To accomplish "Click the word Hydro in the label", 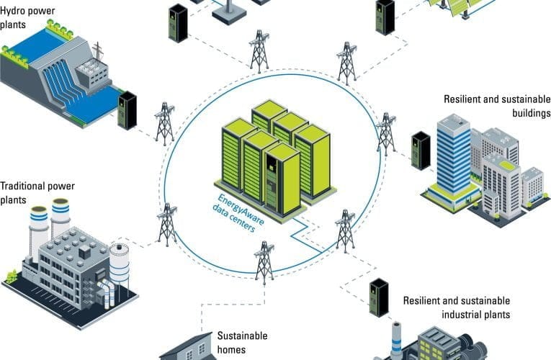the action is pos(12,11).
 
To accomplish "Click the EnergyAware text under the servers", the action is pos(241,210).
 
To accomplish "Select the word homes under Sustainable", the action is pos(231,350).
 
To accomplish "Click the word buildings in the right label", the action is pos(532,113).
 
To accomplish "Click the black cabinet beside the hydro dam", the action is pos(127,111).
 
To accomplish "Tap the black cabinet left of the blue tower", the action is pos(421,150).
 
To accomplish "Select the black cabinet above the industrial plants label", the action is pos(379,298).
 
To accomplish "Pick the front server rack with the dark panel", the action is pos(282,180).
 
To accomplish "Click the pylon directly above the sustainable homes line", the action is pos(264,262).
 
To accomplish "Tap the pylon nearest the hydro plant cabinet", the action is pos(165,124).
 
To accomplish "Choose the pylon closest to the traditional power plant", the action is pos(167,225).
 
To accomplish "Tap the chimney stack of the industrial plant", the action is pos(396,340).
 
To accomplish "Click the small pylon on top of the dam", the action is pos(98,51).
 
